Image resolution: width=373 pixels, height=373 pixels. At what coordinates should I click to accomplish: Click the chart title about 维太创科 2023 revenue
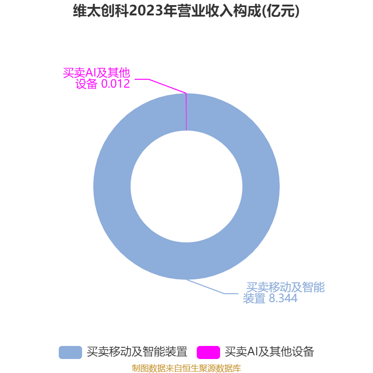pyautogui.click(x=186, y=11)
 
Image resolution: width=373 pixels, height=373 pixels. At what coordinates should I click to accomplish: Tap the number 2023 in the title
pyautogui.click(x=145, y=11)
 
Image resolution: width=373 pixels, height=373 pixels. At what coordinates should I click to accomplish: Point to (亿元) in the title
pyautogui.click(x=281, y=11)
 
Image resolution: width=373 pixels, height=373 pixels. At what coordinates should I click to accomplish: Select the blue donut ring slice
pyautogui.click(x=261, y=186)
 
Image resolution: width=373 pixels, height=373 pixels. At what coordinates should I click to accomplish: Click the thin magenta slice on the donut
pyautogui.click(x=186, y=112)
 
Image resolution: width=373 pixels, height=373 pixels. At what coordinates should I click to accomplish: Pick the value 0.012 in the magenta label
pyautogui.click(x=116, y=84)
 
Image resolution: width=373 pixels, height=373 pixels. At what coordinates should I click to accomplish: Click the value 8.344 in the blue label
pyautogui.click(x=283, y=298)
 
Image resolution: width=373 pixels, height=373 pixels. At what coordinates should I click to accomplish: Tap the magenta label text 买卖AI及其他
pyautogui.click(x=97, y=73)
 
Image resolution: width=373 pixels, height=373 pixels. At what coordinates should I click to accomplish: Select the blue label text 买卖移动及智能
pyautogui.click(x=285, y=287)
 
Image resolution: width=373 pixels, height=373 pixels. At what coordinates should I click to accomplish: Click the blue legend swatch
pyautogui.click(x=70, y=352)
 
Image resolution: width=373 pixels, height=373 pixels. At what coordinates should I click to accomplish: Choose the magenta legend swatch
pyautogui.click(x=208, y=352)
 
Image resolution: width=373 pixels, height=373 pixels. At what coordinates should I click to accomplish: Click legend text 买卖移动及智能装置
pyautogui.click(x=137, y=352)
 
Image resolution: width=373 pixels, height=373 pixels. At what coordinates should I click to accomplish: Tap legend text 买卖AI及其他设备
pyautogui.click(x=269, y=352)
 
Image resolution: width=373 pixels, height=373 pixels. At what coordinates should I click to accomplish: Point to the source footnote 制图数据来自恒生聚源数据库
pyautogui.click(x=186, y=368)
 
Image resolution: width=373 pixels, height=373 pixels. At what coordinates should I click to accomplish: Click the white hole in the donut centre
pyautogui.click(x=186, y=186)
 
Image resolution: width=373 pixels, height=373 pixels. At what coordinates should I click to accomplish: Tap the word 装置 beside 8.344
pyautogui.click(x=254, y=298)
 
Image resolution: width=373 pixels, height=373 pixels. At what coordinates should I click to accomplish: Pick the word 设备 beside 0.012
pyautogui.click(x=87, y=84)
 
